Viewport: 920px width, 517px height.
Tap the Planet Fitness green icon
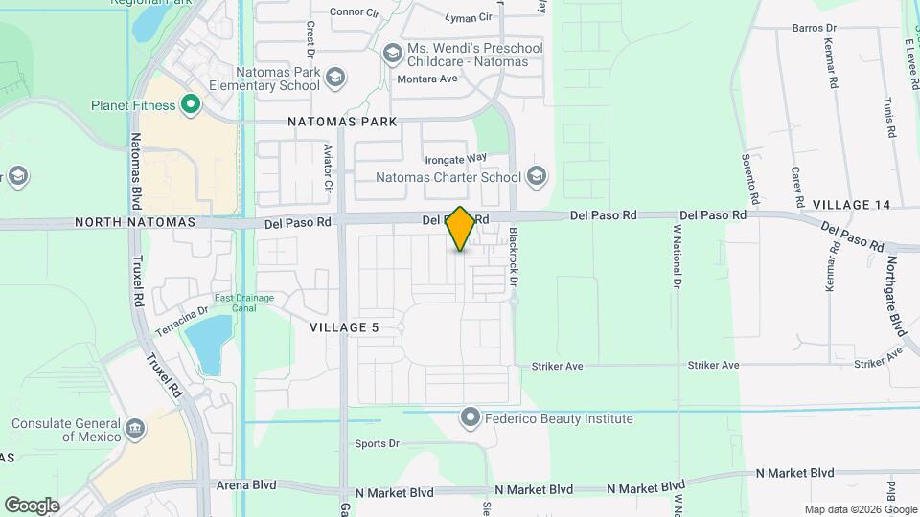(191, 105)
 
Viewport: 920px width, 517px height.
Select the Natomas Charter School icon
(536, 176)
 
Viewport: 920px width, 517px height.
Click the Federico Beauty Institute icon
(470, 417)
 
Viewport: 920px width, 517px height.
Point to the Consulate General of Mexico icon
(134, 427)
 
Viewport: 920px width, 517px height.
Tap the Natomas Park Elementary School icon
(334, 78)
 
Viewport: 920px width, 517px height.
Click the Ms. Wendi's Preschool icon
(392, 55)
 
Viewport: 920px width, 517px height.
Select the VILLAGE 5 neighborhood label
(345, 327)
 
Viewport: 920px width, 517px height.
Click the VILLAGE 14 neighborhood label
(851, 205)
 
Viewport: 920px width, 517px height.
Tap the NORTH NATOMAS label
(135, 222)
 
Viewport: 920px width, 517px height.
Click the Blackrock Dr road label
(514, 258)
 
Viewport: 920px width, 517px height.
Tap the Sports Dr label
(377, 443)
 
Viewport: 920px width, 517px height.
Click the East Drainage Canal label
(244, 303)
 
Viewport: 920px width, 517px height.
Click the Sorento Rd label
(749, 180)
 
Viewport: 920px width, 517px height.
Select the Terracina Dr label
(176, 317)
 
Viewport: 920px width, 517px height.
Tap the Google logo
(32, 505)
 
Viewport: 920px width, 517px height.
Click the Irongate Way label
(457, 157)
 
